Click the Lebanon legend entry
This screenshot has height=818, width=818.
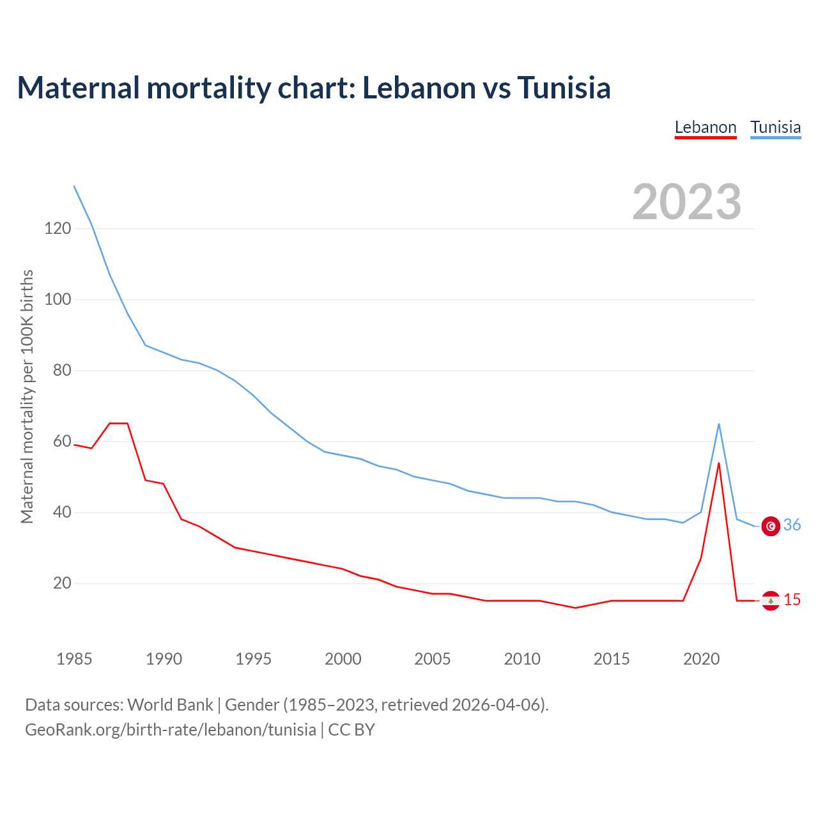(706, 127)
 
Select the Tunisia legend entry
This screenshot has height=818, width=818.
(775, 127)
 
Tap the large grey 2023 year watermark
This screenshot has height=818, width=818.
(686, 202)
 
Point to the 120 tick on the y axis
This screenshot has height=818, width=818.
(58, 228)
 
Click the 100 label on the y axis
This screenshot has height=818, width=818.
(58, 299)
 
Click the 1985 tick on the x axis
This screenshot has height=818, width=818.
(74, 659)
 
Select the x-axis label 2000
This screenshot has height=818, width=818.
(343, 659)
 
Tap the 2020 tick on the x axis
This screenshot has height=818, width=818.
(701, 659)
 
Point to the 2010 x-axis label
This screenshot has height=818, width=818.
(522, 659)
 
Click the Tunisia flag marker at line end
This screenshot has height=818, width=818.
(771, 526)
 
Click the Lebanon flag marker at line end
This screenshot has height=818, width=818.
(771, 601)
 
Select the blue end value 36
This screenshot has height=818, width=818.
(792, 525)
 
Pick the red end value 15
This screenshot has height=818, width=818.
(792, 600)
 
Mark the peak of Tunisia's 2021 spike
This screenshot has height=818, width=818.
(719, 424)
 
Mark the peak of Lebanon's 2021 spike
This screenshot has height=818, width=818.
(719, 463)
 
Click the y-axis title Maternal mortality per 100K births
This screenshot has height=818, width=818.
(27, 396)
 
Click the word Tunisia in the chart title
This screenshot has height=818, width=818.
(564, 88)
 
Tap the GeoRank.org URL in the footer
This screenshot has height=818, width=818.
(171, 730)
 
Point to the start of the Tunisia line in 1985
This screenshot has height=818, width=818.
(74, 186)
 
